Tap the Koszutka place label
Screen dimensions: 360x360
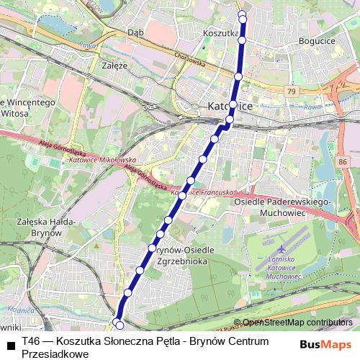220,33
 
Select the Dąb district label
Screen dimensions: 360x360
135,32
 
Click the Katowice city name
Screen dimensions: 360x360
230,106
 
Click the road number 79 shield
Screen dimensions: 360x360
290,91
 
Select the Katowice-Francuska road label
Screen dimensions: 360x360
202,193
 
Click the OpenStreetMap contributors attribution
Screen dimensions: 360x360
297,323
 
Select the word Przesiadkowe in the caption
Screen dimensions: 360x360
55,354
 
